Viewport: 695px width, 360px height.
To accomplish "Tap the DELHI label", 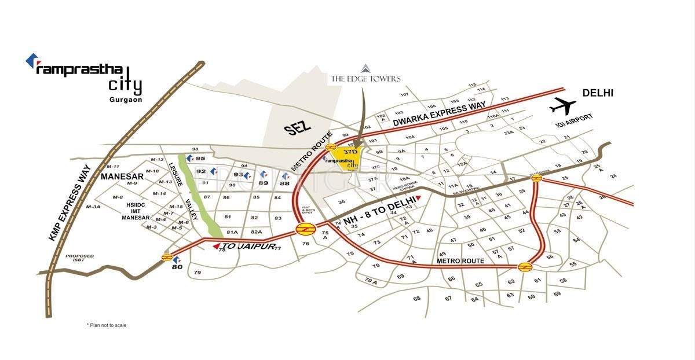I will [598, 93].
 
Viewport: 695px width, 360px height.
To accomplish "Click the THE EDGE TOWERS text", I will [365, 78].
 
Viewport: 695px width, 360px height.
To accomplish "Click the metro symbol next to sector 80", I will [166, 257].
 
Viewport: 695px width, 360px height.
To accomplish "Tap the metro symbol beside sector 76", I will [302, 229].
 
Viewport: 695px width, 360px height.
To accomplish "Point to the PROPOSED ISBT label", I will [79, 259].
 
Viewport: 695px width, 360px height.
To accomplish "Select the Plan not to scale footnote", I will [107, 325].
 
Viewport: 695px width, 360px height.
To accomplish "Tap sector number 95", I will [201, 158].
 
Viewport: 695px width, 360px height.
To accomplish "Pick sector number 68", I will [416, 298].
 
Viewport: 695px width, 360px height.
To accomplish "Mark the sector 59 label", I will [557, 293].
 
